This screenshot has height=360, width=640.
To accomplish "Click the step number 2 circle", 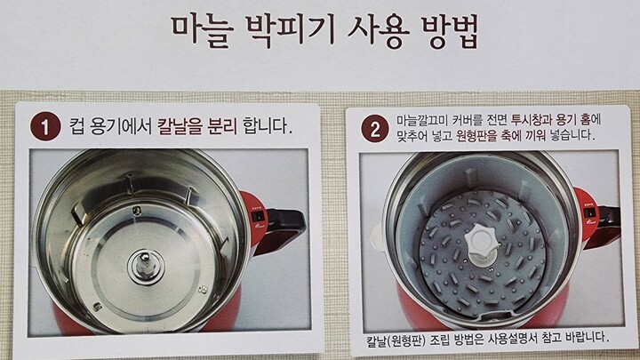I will click(x=375, y=129).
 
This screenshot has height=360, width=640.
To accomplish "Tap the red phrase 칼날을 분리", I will click(x=197, y=127).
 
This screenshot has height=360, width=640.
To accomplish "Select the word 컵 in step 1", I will click(x=77, y=127).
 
